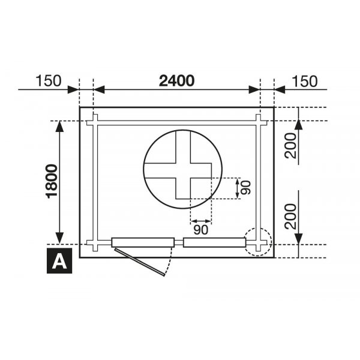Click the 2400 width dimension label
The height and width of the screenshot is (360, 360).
tap(177, 80)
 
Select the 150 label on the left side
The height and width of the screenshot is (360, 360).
tap(49, 80)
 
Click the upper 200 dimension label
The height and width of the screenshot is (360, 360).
tap(291, 145)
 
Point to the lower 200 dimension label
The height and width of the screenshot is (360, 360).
tap(291, 216)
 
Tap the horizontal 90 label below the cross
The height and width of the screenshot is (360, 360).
tap(201, 229)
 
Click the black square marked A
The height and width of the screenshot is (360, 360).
tap(59, 261)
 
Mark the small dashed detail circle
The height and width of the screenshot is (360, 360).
tap(259, 242)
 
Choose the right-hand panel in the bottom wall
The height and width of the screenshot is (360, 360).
tap(215, 242)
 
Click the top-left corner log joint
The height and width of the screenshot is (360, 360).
tap(94, 121)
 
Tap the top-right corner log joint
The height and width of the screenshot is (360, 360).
tap(259, 121)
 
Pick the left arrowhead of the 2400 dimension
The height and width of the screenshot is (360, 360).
tap(100, 90)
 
